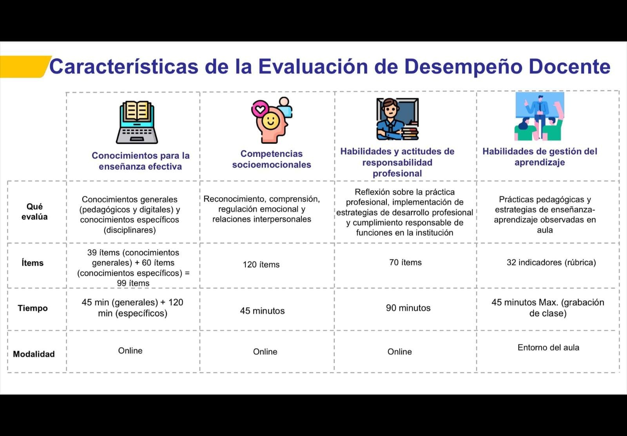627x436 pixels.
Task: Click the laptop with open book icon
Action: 137,122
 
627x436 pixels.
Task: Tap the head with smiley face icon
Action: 272,120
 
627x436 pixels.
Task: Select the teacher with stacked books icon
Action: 397,119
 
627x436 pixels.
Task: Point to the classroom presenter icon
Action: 539,116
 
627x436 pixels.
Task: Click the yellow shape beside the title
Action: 24,67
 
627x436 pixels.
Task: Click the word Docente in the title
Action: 569,67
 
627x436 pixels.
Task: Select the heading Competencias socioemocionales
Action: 272,159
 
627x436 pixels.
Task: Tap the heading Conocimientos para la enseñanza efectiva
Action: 141,161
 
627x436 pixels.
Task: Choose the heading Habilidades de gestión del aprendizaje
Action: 540,157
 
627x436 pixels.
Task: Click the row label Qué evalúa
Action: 34,212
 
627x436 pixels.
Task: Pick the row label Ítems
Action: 33,263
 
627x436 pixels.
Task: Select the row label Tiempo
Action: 33,308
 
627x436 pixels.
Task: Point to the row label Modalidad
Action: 34,354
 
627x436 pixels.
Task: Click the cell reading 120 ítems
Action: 261,265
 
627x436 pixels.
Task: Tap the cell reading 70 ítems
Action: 405,262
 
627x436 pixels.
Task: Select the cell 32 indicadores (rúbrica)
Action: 551,262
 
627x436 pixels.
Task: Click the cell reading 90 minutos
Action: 408,308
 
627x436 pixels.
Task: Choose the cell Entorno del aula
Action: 548,347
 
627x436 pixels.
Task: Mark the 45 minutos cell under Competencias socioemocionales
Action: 262,311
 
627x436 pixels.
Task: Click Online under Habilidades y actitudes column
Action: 399,352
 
